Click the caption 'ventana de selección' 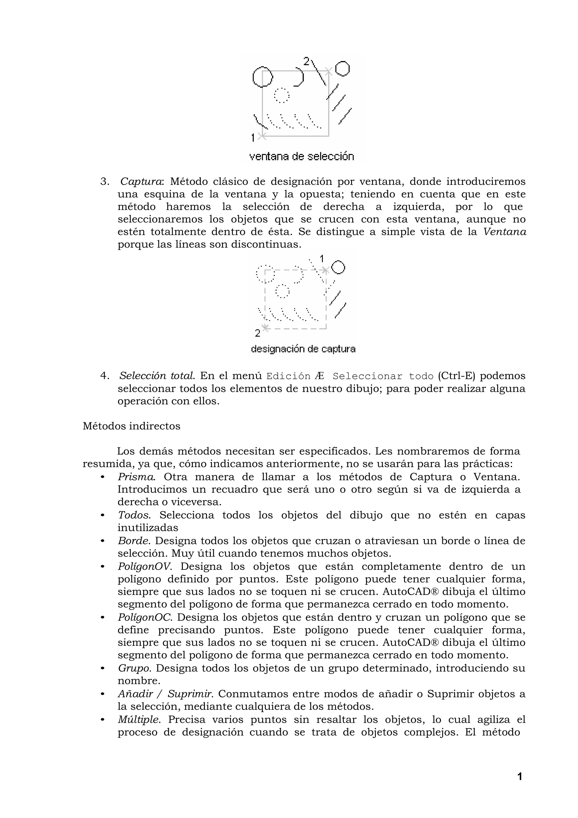tap(301, 156)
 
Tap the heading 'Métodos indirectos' tap(132, 426)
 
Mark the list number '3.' tap(105, 182)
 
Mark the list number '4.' tap(105, 376)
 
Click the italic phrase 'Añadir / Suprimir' tap(166, 694)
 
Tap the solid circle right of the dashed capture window tap(338, 267)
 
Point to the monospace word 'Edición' tap(288, 376)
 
